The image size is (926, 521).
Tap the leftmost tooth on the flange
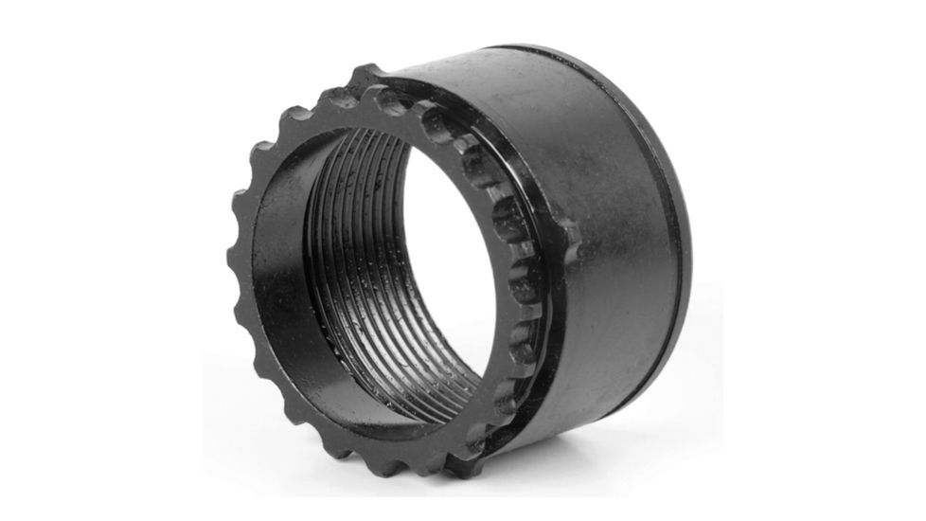pyautogui.click(x=238, y=204)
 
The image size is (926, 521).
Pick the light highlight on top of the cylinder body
pyautogui.click(x=530, y=85)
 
